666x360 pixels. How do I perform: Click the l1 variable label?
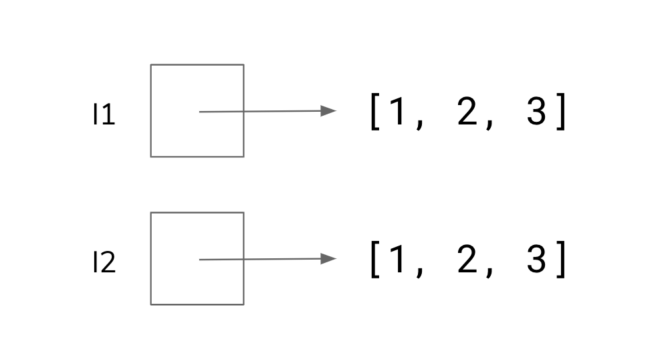point(104,116)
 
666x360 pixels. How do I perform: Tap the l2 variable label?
point(104,264)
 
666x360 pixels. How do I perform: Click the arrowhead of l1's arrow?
point(329,111)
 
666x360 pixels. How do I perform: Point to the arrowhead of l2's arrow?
point(329,259)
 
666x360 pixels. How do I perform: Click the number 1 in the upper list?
point(397,112)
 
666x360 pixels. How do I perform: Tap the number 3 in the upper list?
point(536,112)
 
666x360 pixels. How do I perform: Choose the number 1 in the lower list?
point(397,260)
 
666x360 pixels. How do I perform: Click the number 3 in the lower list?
point(536,260)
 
